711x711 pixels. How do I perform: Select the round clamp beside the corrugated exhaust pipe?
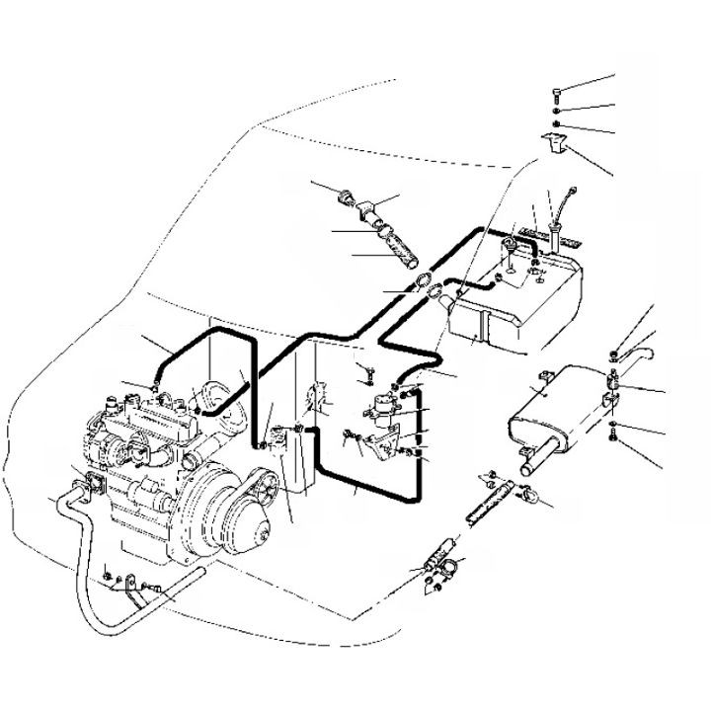coord(527,494)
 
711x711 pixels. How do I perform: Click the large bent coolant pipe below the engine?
coord(84,553)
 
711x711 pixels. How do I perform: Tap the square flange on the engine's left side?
coord(96,483)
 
